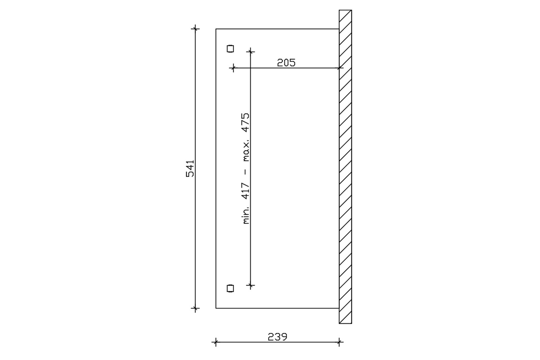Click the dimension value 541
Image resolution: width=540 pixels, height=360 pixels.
click(x=190, y=169)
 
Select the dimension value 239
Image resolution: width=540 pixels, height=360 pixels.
click(x=277, y=337)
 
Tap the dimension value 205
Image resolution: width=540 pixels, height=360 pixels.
click(x=286, y=63)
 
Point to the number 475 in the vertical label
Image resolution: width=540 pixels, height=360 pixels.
click(x=246, y=123)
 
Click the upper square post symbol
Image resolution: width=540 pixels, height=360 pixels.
click(x=230, y=49)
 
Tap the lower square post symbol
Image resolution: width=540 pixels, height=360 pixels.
click(x=230, y=288)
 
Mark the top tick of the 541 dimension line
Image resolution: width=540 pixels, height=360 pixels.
click(x=195, y=29)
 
